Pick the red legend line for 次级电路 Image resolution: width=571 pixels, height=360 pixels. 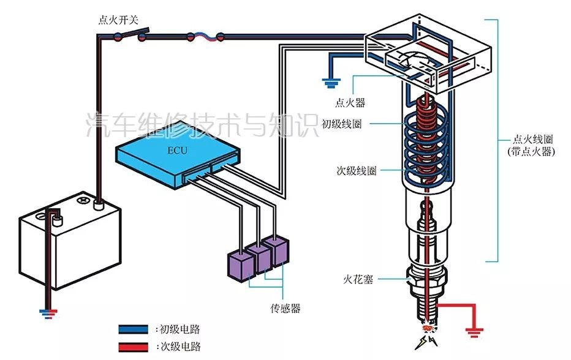pos(137,347)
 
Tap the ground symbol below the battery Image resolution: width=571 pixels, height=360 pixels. pos(47,314)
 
